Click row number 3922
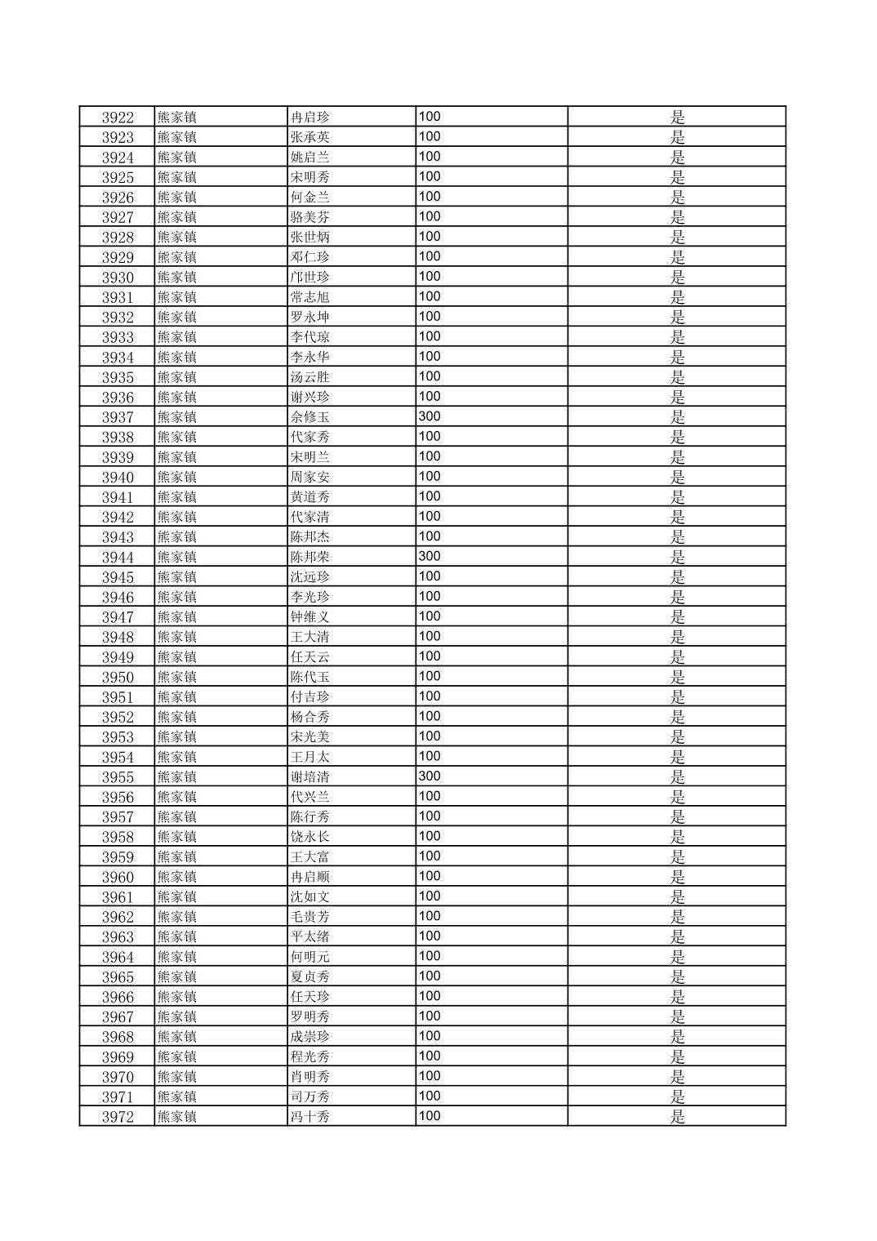click(x=118, y=117)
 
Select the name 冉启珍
click(x=310, y=117)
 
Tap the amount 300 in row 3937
click(x=430, y=416)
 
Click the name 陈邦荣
click(x=310, y=557)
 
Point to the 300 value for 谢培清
click(x=430, y=776)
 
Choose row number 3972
click(x=118, y=1117)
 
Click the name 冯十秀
click(x=310, y=1117)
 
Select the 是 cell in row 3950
click(x=678, y=677)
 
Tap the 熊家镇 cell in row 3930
click(x=177, y=277)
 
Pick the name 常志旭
click(x=310, y=297)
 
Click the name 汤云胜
click(x=310, y=377)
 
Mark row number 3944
click(x=118, y=557)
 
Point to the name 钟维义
click(x=310, y=617)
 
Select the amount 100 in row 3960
click(x=430, y=876)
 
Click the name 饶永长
click(x=310, y=837)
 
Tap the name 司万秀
click(x=310, y=1096)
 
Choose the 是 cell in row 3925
click(x=678, y=177)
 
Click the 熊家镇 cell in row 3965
click(x=177, y=976)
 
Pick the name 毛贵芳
click(x=310, y=917)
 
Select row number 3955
click(x=118, y=776)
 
